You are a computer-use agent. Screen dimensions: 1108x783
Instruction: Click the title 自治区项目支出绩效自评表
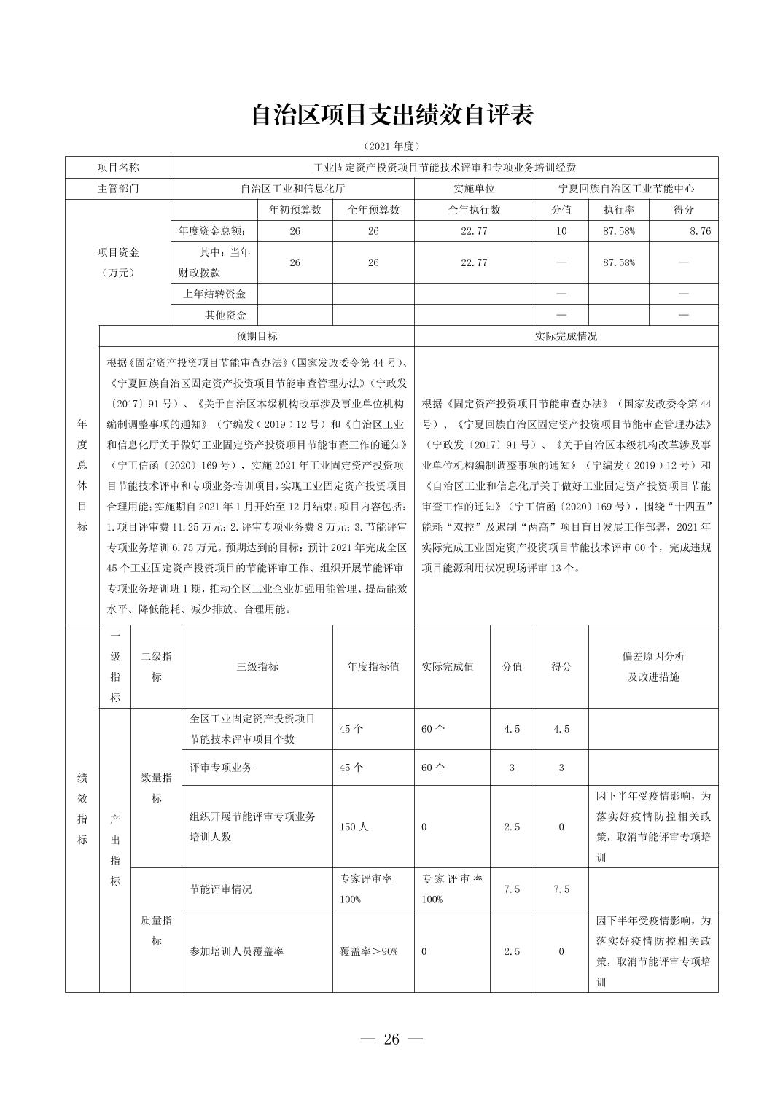click(x=391, y=114)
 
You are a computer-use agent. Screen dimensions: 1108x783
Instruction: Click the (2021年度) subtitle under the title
click(x=391, y=146)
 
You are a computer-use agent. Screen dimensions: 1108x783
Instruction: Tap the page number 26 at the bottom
click(x=391, y=1039)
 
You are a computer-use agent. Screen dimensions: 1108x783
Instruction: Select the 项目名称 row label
click(x=118, y=167)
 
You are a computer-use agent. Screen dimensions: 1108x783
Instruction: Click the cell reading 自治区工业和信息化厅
click(x=292, y=188)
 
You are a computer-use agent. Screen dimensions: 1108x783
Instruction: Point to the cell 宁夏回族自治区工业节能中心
click(x=626, y=188)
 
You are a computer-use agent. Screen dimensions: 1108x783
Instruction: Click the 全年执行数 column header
click(x=474, y=210)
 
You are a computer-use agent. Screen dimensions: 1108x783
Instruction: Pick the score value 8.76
click(x=698, y=231)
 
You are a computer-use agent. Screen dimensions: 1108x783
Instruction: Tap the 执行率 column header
click(x=618, y=210)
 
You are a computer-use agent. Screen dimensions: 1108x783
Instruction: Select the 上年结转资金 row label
click(x=214, y=294)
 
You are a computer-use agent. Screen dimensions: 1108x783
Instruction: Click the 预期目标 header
click(x=257, y=336)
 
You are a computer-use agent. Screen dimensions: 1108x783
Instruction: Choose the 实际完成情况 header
click(x=566, y=336)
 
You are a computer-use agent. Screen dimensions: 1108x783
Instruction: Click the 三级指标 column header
click(x=257, y=666)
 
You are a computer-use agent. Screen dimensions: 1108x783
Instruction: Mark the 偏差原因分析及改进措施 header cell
click(x=653, y=666)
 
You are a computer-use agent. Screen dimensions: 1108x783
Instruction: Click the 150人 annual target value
click(x=354, y=827)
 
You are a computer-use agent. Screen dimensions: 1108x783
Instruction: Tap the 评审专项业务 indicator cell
click(x=221, y=768)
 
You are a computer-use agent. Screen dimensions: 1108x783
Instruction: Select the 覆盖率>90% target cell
click(x=369, y=951)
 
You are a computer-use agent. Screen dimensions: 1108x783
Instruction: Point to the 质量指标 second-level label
click(x=156, y=930)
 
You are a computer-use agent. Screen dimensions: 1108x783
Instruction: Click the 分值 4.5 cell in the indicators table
click(x=512, y=729)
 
